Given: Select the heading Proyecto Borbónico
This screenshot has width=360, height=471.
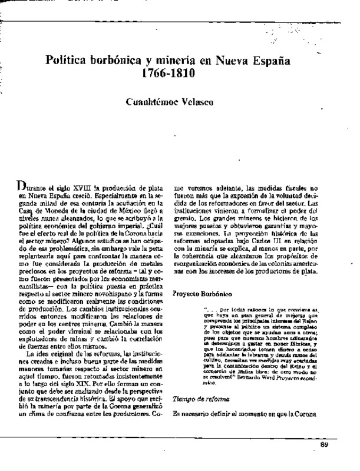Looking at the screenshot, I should click(203, 293).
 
